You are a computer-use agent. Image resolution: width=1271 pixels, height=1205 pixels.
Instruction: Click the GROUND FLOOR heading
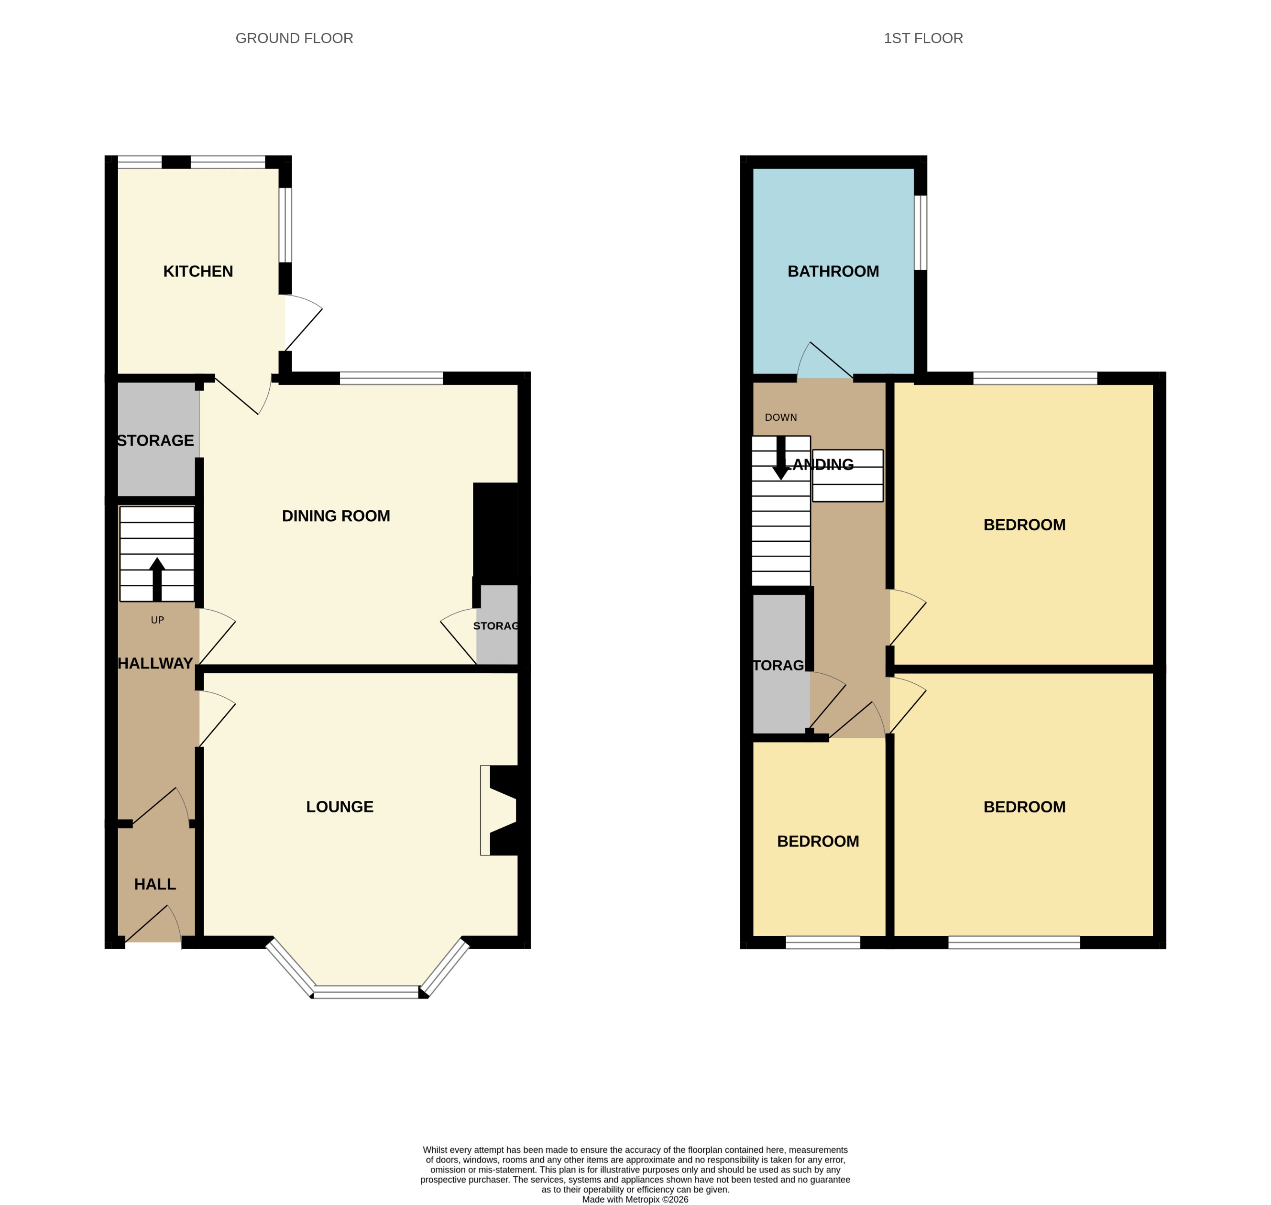click(294, 39)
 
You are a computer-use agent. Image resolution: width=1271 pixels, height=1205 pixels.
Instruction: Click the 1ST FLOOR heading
click(923, 39)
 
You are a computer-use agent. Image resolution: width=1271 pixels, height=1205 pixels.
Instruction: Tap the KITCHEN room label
click(198, 271)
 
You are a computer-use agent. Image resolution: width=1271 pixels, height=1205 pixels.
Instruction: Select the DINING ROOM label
click(336, 516)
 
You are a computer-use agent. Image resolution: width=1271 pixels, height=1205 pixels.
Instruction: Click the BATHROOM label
click(833, 271)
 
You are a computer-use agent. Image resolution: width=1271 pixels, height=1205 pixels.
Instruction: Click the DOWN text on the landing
click(780, 417)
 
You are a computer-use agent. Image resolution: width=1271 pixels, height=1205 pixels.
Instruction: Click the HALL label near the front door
click(155, 885)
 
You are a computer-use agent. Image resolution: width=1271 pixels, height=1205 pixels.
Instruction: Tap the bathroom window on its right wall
click(920, 232)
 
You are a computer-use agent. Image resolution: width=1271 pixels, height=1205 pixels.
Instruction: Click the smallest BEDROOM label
click(818, 842)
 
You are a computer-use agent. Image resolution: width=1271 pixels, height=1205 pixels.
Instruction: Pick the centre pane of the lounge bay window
click(366, 994)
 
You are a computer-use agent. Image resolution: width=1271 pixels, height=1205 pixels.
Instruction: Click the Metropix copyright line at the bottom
click(635, 1199)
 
